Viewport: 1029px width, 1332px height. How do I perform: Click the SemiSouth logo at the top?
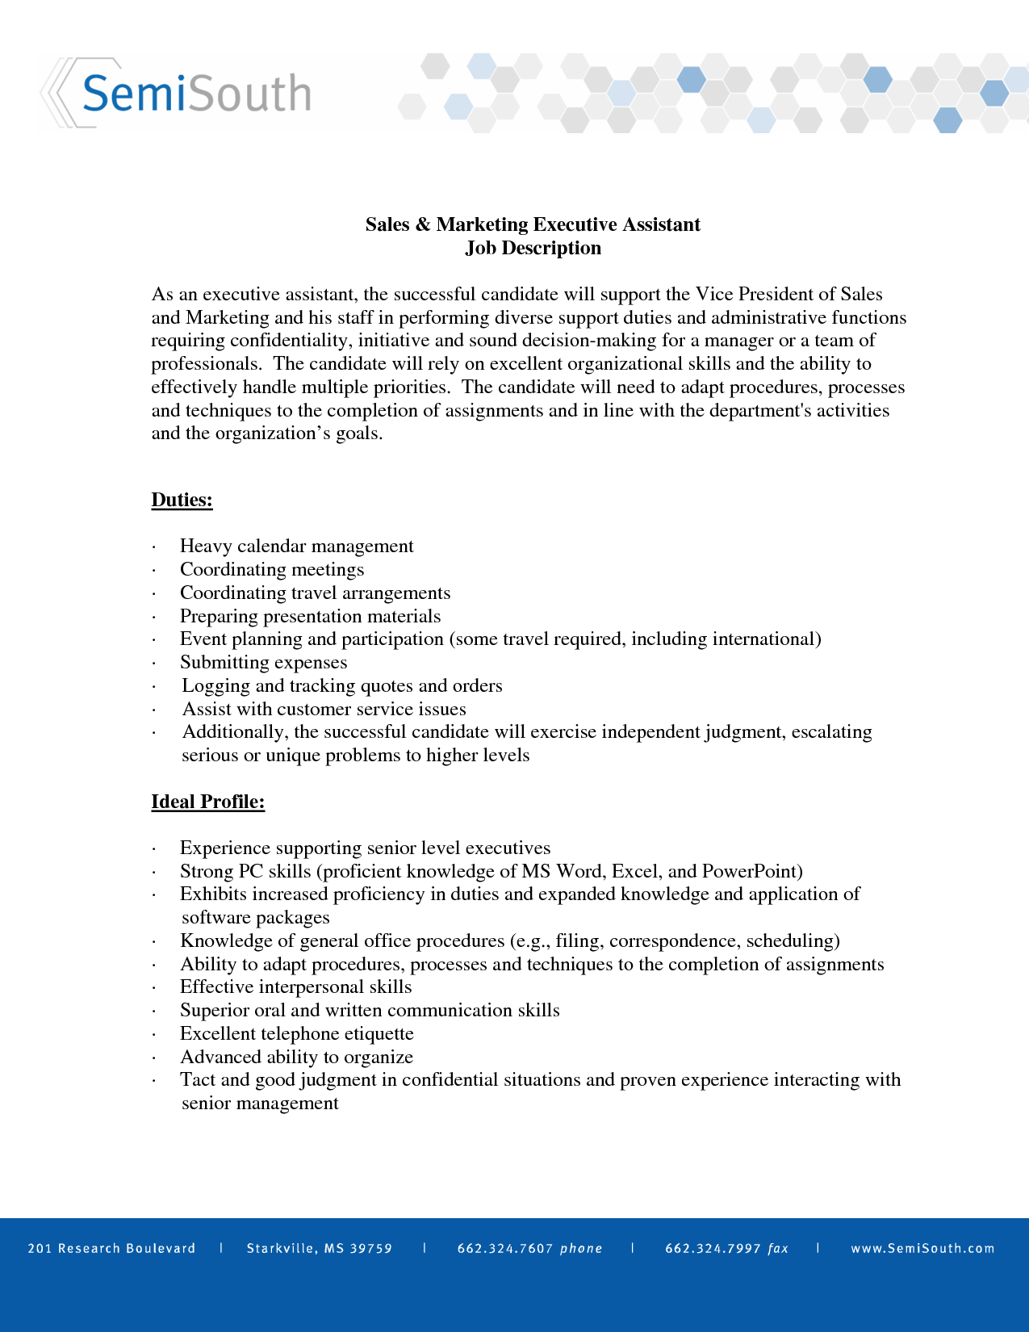[x=194, y=93]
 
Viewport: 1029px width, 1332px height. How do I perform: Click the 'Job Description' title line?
[x=533, y=248]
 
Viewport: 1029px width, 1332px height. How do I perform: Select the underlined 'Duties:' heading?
[x=182, y=500]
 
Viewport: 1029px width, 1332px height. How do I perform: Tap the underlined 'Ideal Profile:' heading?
[x=207, y=802]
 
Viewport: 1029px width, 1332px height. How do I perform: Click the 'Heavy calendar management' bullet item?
[x=296, y=547]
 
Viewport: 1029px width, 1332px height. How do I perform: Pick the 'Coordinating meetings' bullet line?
[x=271, y=570]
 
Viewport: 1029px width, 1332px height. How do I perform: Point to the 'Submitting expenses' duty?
[x=263, y=663]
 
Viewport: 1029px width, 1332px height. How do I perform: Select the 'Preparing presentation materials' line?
[x=310, y=617]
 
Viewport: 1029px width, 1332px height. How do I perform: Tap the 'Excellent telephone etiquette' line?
[x=296, y=1034]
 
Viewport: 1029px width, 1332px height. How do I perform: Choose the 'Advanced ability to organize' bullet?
[x=296, y=1058]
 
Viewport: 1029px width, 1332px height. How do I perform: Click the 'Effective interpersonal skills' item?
[x=295, y=987]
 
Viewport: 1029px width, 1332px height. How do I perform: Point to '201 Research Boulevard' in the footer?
[x=111, y=1249]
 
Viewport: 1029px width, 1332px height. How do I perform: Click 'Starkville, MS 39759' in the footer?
[x=319, y=1249]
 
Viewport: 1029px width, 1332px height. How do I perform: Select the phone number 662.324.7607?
[x=504, y=1249]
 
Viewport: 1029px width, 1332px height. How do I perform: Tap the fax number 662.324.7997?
[x=713, y=1249]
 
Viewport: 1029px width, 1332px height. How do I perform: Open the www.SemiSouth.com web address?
[x=922, y=1249]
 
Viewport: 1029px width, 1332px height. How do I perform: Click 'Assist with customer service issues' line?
[x=324, y=710]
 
